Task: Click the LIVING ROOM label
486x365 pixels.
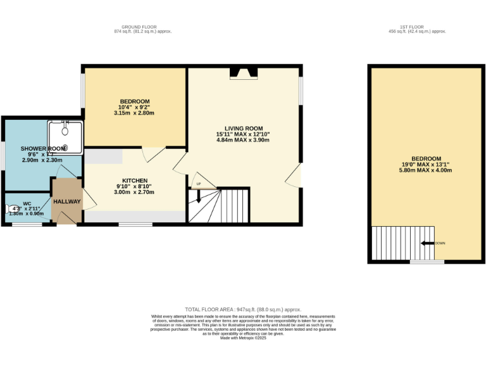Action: [x=243, y=128]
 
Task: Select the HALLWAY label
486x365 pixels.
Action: [x=66, y=202]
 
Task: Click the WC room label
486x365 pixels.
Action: [x=27, y=203]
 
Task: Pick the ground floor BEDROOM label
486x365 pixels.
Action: [x=134, y=101]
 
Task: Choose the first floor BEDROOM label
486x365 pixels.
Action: [x=427, y=158]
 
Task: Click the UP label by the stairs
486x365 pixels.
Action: [x=199, y=184]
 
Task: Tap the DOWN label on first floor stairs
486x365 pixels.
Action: [x=440, y=243]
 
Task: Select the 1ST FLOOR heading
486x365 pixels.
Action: [x=418, y=27]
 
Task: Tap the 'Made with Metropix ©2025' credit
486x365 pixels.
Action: [x=243, y=338]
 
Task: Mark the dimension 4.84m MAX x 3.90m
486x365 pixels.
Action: [x=243, y=140]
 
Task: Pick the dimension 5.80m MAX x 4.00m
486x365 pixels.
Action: [x=427, y=170]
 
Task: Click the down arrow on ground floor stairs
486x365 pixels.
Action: [x=199, y=196]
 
